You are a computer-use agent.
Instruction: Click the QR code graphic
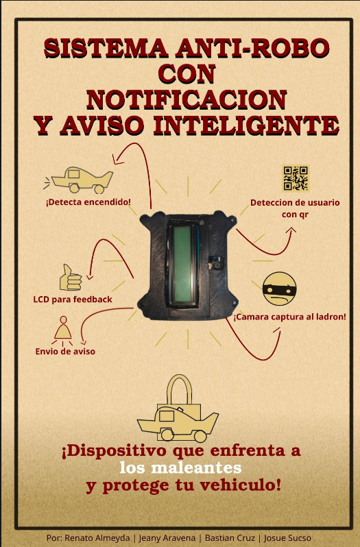[x=296, y=178]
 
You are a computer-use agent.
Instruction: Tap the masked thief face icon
[x=279, y=289]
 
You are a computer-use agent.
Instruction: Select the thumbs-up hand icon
[x=71, y=278]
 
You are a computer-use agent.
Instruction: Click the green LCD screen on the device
[x=183, y=264]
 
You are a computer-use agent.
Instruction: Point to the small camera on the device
[x=217, y=263]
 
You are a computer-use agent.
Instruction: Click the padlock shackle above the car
[x=179, y=389]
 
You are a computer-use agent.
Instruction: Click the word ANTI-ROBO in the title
[x=252, y=48]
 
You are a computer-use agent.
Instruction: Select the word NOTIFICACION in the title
[x=187, y=100]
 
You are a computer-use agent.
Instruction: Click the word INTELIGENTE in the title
[x=246, y=125]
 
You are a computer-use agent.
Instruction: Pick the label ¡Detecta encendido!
[x=88, y=202]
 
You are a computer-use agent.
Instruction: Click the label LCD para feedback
[x=73, y=300]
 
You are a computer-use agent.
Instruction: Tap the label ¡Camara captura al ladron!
[x=289, y=317]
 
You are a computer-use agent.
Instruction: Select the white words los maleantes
[x=180, y=467]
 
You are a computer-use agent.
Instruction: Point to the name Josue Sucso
[x=287, y=538]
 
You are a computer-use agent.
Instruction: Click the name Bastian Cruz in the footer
[x=230, y=538]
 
